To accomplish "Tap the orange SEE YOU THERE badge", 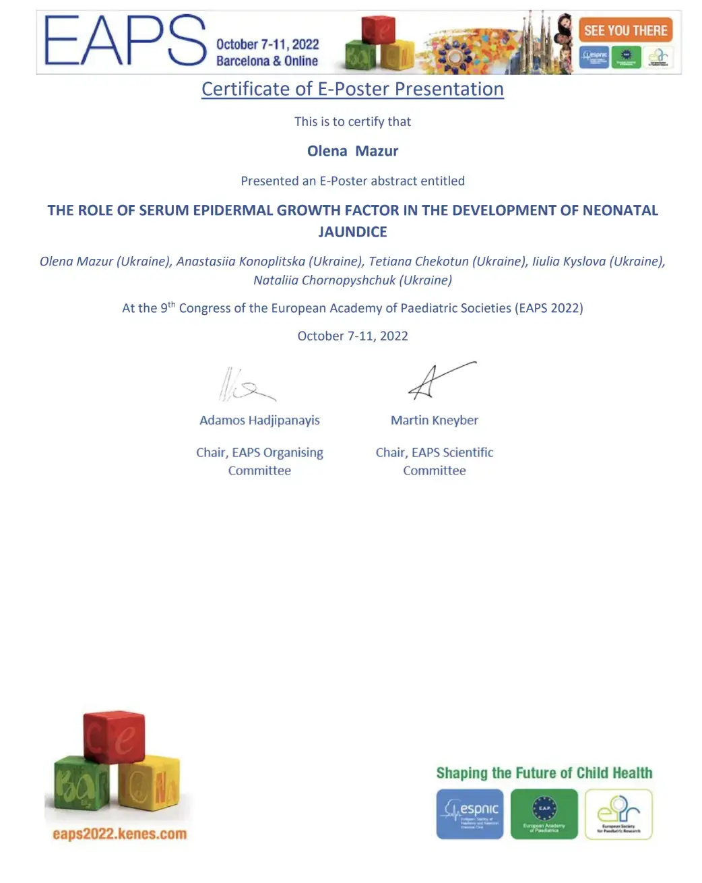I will pyautogui.click(x=625, y=30).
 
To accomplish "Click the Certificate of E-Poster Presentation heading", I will pyautogui.click(x=352, y=89).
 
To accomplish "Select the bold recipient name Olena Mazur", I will pyautogui.click(x=352, y=151).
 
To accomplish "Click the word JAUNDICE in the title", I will pyautogui.click(x=352, y=232).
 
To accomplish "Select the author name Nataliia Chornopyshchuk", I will pyautogui.click(x=324, y=280).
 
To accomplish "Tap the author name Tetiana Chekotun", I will pyautogui.click(x=418, y=262).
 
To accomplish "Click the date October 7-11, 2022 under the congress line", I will pyautogui.click(x=352, y=336).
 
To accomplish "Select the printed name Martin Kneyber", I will pyautogui.click(x=435, y=421).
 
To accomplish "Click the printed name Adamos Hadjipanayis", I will pyautogui.click(x=259, y=421).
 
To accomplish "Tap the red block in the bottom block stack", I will pyautogui.click(x=114, y=736).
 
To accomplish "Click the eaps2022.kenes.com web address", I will pyautogui.click(x=119, y=834).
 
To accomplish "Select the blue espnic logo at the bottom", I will pyautogui.click(x=470, y=814).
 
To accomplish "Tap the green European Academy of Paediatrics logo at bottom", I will pyautogui.click(x=544, y=814).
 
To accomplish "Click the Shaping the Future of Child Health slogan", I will pyautogui.click(x=544, y=773).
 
